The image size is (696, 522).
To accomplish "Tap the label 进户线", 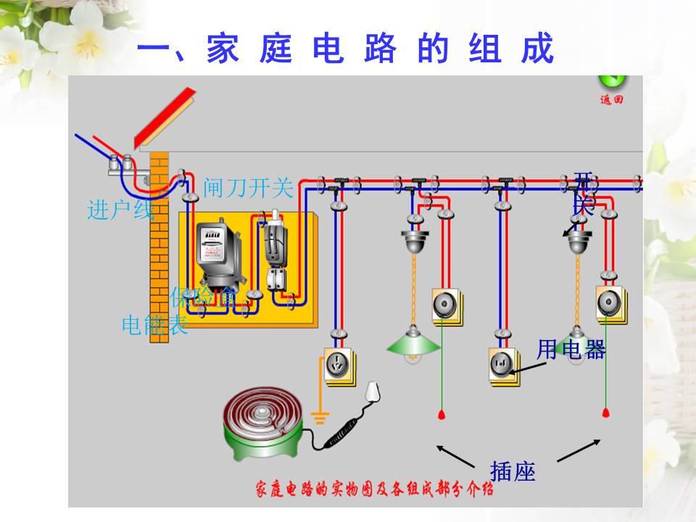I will (x=120, y=210).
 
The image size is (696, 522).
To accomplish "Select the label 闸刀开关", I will (x=248, y=188).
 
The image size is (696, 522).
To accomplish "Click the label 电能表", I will (x=154, y=325).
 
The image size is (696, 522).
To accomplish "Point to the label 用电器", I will (x=571, y=350).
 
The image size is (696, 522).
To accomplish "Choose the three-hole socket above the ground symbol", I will (x=336, y=365).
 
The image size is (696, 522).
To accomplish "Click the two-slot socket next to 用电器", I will (x=502, y=362).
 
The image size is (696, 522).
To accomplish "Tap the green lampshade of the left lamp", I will (x=414, y=345).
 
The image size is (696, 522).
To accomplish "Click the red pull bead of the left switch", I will (x=440, y=415).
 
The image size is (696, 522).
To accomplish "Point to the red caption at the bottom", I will (x=374, y=489).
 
